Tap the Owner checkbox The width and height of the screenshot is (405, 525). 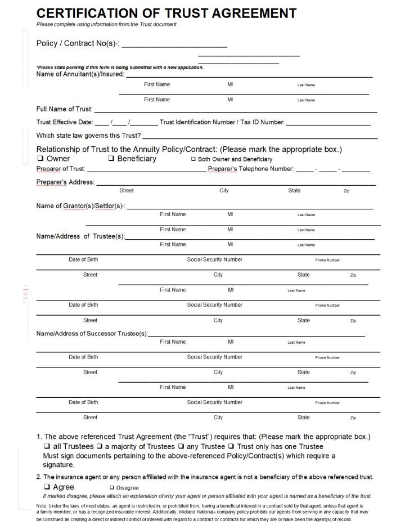pos(40,159)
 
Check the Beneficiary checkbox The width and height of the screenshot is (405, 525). pos(111,159)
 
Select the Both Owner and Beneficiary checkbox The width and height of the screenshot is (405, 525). pos(193,159)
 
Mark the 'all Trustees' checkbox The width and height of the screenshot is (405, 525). pos(47,446)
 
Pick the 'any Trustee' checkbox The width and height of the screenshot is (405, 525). pos(181,446)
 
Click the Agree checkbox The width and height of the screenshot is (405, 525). pos(47,487)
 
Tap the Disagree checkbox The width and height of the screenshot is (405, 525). pos(111,487)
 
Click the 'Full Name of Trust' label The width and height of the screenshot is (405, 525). pos(64,109)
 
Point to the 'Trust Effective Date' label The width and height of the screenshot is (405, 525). pos(64,122)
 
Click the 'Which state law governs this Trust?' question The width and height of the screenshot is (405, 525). pos(88,135)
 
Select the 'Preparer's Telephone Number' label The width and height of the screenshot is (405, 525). pos(251,169)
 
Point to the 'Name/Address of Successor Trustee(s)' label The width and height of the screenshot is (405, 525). pos(92,334)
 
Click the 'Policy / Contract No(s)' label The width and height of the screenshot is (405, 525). pos(78,43)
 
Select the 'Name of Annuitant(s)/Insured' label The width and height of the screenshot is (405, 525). pos(80,74)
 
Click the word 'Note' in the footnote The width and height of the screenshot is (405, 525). pos(42,506)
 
